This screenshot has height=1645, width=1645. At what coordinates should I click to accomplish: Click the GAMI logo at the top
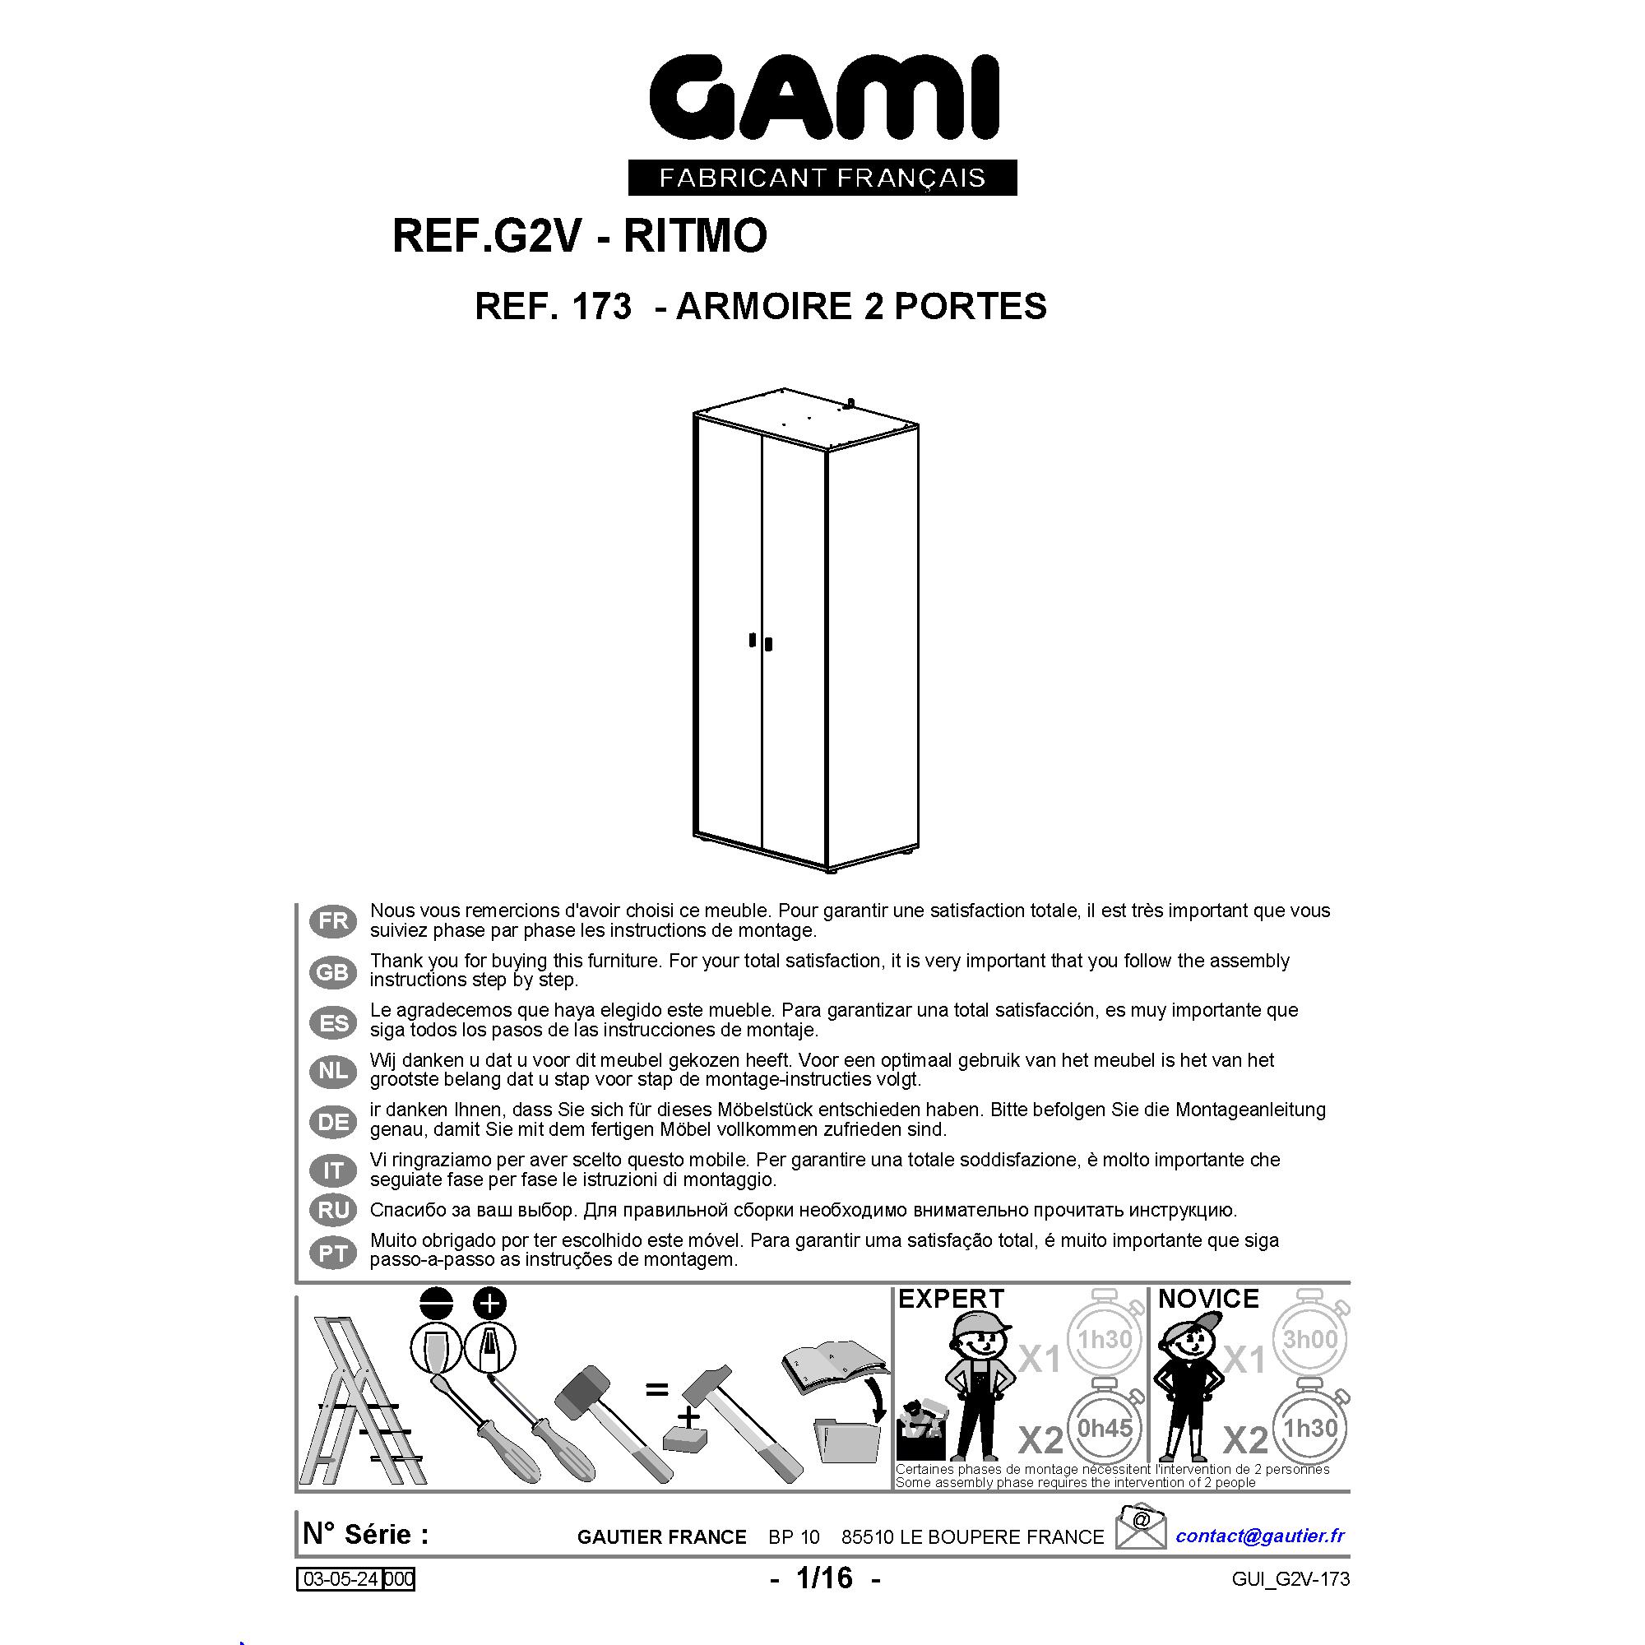click(823, 98)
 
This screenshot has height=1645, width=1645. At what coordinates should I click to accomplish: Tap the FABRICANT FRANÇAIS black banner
click(822, 178)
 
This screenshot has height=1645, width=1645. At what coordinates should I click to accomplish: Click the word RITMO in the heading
click(696, 236)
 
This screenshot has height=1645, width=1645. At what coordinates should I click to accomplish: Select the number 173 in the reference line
click(602, 307)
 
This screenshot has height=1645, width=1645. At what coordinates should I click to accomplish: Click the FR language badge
click(334, 920)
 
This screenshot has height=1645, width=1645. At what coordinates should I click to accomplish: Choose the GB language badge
click(334, 971)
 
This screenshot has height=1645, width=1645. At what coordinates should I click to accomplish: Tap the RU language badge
click(334, 1210)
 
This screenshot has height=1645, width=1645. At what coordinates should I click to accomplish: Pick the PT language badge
click(334, 1253)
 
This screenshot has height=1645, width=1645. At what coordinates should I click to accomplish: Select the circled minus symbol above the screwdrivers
click(436, 1304)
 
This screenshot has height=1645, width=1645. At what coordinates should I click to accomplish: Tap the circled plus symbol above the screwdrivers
click(489, 1304)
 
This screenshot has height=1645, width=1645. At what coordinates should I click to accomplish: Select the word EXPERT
click(951, 1299)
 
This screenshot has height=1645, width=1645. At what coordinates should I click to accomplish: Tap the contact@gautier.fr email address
click(1260, 1535)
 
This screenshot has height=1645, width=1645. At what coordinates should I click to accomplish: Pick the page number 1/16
click(824, 1578)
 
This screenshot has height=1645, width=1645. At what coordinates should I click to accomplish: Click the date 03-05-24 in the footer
click(341, 1579)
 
